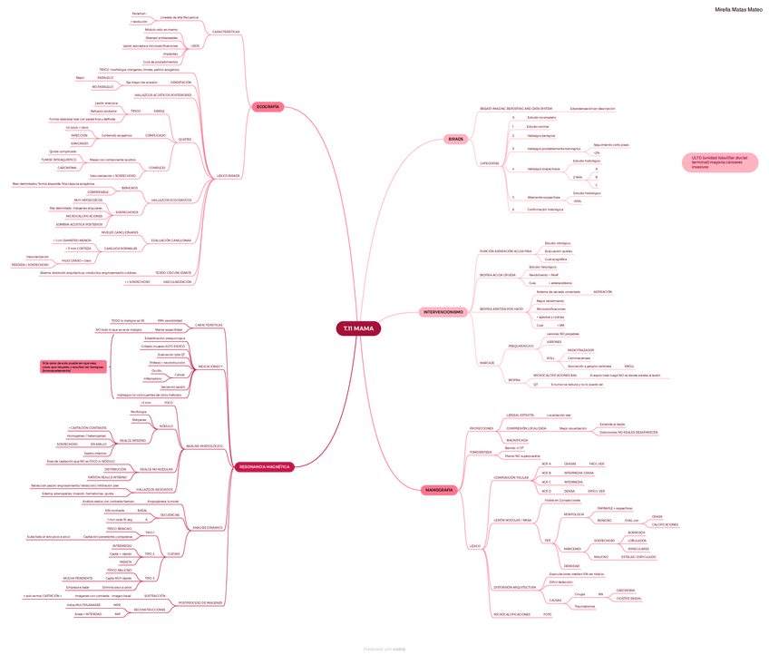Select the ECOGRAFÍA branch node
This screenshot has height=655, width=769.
[x=268, y=107]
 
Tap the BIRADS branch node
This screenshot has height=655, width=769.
[x=455, y=138]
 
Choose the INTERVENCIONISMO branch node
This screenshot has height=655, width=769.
[x=444, y=312]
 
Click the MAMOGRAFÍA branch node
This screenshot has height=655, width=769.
[x=439, y=490]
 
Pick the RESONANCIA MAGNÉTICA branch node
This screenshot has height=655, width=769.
[x=264, y=466]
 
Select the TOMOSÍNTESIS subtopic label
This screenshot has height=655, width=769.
[x=480, y=451]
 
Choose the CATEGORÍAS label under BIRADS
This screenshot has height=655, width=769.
[x=489, y=163]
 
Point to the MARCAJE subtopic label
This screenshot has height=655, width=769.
[x=487, y=363]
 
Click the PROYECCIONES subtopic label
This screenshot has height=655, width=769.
[x=481, y=427]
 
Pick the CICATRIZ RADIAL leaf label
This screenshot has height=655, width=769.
[x=629, y=598]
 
